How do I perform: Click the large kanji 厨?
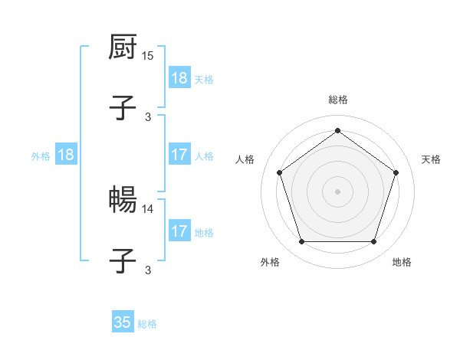(x=123, y=47)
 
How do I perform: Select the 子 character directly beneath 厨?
(x=123, y=106)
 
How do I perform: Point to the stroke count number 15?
(x=149, y=57)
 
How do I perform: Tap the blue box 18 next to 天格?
(x=179, y=79)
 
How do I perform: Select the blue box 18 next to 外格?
(x=66, y=155)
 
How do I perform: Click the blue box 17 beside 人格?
(x=179, y=155)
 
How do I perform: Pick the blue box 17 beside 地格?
(x=179, y=231)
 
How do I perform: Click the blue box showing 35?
(x=123, y=322)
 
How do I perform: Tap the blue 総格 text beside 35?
(x=147, y=324)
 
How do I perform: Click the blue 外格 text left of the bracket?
(x=41, y=156)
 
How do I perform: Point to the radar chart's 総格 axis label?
(x=338, y=100)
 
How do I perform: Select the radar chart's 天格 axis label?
(x=432, y=159)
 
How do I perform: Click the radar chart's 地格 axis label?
(x=402, y=262)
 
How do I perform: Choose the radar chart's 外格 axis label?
(x=270, y=262)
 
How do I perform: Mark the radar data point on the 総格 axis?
(x=337, y=130)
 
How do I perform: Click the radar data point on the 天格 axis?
(x=396, y=172)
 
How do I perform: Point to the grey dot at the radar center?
(x=337, y=191)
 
